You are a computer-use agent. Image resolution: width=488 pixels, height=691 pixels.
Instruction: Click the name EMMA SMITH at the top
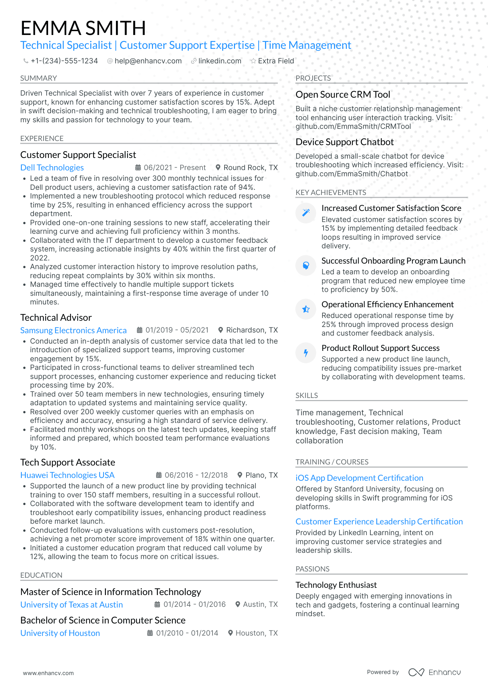pos(83,28)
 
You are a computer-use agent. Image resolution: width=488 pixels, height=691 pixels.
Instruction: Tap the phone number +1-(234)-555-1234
pos(64,61)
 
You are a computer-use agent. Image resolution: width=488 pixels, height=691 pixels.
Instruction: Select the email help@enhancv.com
pos(148,61)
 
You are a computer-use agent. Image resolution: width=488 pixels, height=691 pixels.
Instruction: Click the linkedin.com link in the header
pos(219,61)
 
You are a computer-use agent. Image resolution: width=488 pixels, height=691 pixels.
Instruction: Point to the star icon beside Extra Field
pos(253,61)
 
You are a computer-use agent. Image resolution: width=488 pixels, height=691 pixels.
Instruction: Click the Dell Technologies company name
pos(52,168)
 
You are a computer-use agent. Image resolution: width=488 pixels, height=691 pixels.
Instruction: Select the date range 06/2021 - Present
pos(174,168)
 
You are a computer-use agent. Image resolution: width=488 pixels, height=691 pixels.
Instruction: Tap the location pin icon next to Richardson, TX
pos(220,330)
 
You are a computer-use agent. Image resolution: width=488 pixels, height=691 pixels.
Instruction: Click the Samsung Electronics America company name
pos(73,330)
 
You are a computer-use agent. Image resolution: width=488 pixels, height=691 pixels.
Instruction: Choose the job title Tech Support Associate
pos(67,462)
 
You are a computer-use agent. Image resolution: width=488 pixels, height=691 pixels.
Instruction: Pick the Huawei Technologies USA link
pos(67,475)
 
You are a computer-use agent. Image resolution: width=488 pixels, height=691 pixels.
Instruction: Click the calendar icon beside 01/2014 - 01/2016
pos(157,604)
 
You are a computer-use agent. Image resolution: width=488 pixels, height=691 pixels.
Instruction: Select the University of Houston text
pos(60,633)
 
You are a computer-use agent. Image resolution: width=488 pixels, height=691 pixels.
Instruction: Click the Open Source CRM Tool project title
pos(343,95)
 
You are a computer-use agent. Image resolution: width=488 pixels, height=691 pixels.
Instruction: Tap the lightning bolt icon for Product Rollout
pos(306,353)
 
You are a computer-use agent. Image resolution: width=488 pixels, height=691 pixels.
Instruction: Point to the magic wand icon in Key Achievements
pos(306,213)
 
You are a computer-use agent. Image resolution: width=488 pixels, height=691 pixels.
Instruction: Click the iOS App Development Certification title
pos(359,478)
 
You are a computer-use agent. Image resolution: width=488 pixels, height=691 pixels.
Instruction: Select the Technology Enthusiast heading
pos(336,585)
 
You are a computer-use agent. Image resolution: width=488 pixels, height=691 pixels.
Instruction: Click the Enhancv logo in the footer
pos(434,672)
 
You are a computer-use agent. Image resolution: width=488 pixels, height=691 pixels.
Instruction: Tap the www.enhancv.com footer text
pos(48,673)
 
